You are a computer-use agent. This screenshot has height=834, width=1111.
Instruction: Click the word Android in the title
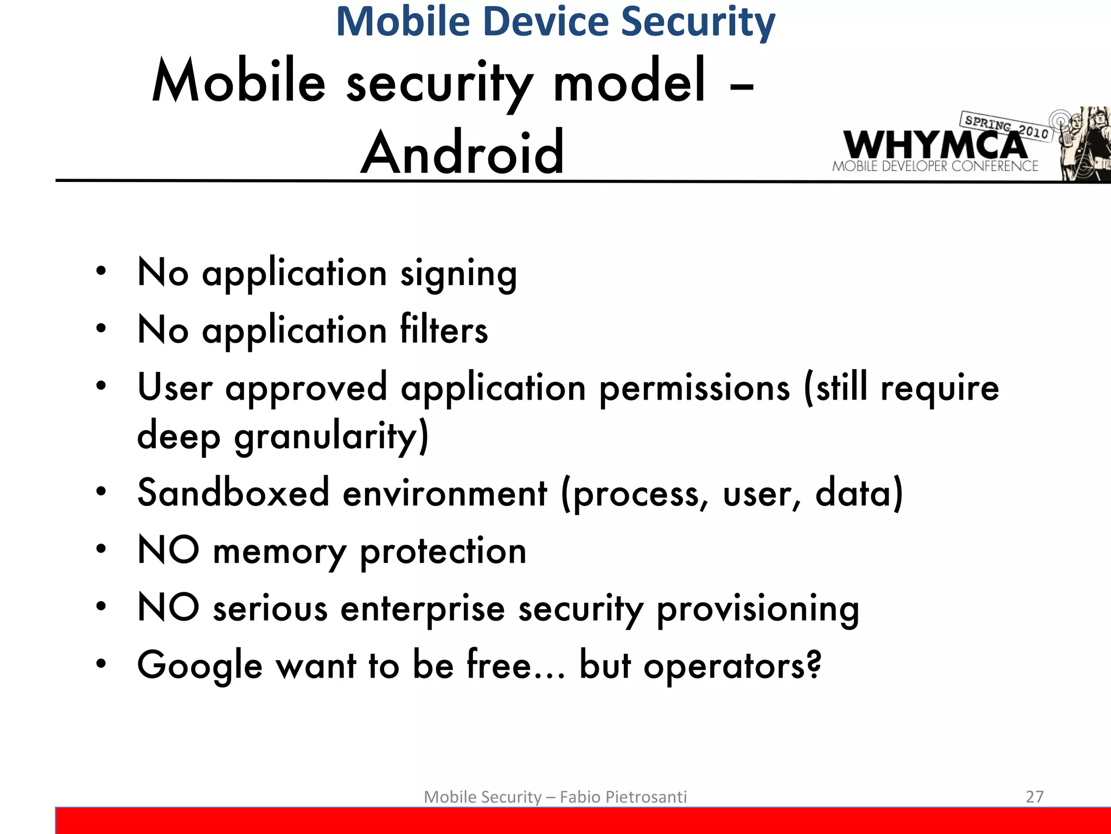point(463,153)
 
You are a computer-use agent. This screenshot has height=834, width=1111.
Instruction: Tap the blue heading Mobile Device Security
point(555,22)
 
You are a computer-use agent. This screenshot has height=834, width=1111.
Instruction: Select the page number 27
point(1035,797)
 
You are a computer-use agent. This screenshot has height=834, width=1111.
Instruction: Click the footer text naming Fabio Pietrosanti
point(555,797)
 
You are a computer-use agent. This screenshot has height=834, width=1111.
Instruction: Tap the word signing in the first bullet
point(458,274)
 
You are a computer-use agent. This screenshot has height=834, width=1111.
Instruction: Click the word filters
point(444,330)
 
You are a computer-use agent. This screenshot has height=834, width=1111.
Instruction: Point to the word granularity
point(331,436)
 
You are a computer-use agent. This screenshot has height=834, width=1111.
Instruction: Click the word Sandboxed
point(233,493)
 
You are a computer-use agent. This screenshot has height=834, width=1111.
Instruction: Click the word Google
point(200,666)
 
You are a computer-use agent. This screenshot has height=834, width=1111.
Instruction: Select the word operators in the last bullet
point(732,666)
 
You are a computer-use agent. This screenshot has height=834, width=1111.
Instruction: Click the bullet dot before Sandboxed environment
point(101,491)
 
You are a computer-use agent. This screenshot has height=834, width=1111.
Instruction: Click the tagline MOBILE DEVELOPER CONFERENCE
point(935,166)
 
